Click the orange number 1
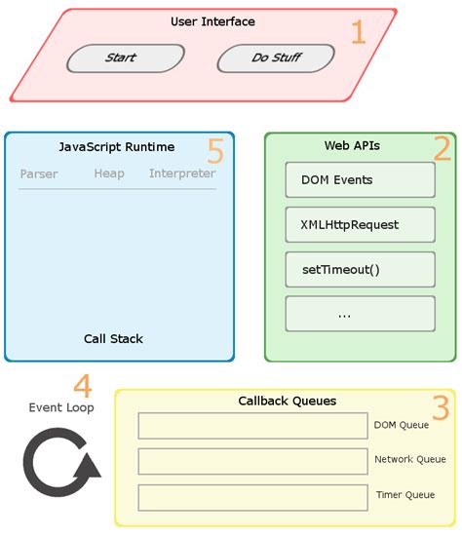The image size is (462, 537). click(358, 33)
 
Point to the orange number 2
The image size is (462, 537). click(442, 149)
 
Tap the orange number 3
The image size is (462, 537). click(441, 408)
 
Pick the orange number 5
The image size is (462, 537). click(215, 151)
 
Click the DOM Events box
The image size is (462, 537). click(360, 180)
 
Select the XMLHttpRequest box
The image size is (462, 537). click(360, 225)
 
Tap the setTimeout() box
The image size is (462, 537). click(360, 270)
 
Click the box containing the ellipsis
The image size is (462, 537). click(360, 314)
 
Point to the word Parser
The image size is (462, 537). click(39, 174)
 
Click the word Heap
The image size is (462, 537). click(109, 174)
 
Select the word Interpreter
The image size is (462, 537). click(182, 174)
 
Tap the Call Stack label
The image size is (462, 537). click(113, 339)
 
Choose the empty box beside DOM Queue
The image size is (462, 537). click(251, 426)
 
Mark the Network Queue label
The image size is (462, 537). click(410, 459)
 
